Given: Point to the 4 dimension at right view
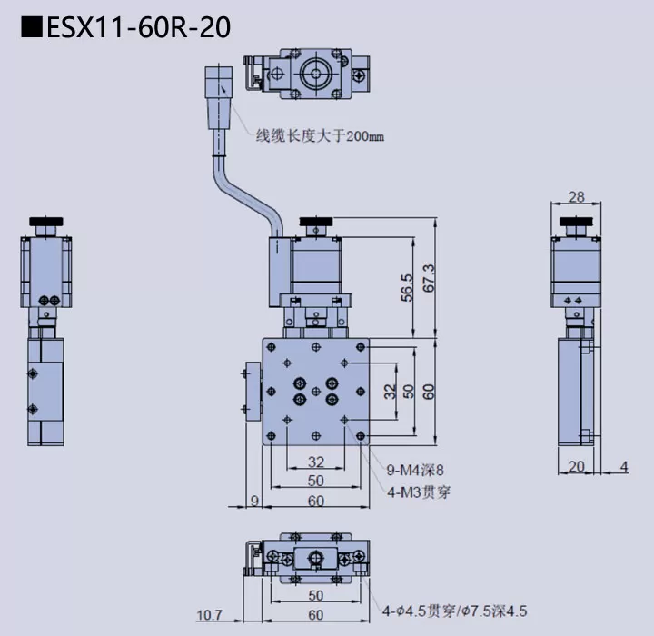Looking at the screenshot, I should click(x=623, y=467).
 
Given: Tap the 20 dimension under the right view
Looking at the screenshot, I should click(x=576, y=467).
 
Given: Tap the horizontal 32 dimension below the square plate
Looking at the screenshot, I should click(x=316, y=462).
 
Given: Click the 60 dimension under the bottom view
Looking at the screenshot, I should click(x=315, y=615).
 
